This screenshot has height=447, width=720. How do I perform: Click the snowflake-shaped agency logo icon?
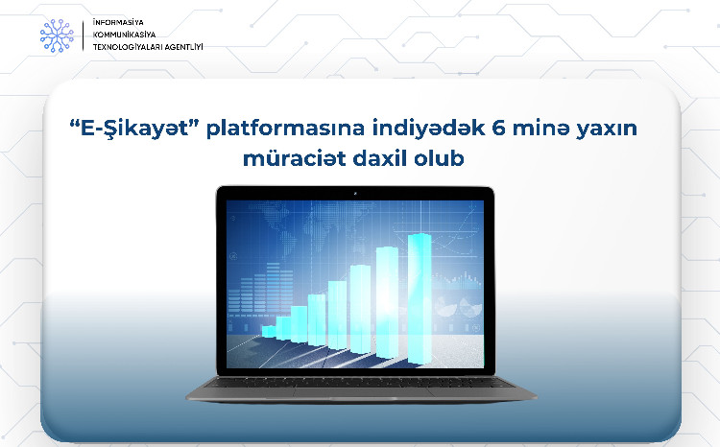(56, 35)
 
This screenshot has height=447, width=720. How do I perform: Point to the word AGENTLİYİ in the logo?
(182, 46)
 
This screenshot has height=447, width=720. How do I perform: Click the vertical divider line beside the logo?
(84, 35)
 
